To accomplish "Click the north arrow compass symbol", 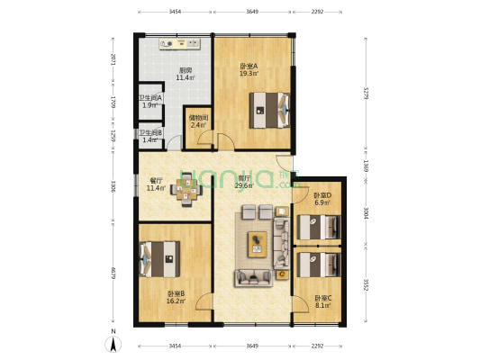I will (114, 343).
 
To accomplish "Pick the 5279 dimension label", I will (365, 93).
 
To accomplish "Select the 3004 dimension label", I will (365, 212).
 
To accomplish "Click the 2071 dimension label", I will (113, 61).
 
